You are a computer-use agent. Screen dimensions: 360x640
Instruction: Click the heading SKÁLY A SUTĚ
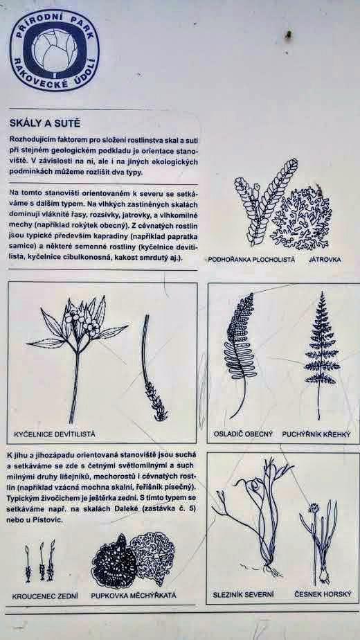(x=45, y=123)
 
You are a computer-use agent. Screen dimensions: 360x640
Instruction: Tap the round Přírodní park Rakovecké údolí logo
(x=54, y=50)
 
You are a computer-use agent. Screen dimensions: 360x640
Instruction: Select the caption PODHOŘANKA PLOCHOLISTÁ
(x=251, y=260)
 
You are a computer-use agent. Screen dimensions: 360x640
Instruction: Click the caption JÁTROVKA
(x=325, y=259)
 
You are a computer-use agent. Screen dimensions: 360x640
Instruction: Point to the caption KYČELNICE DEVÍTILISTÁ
(x=54, y=434)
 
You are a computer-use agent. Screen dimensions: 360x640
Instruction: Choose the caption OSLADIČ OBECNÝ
(x=243, y=434)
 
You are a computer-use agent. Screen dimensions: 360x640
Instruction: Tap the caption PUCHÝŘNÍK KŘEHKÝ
(x=316, y=434)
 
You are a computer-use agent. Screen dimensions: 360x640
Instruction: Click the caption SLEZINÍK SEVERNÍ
(x=243, y=594)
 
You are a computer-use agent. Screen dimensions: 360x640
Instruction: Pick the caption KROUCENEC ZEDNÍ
(x=45, y=596)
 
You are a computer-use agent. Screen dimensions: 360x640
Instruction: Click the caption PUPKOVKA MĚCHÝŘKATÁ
(x=134, y=595)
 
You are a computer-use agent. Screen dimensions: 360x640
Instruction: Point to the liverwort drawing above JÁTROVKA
(x=302, y=216)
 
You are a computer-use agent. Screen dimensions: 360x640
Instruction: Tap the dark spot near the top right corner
(x=289, y=35)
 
